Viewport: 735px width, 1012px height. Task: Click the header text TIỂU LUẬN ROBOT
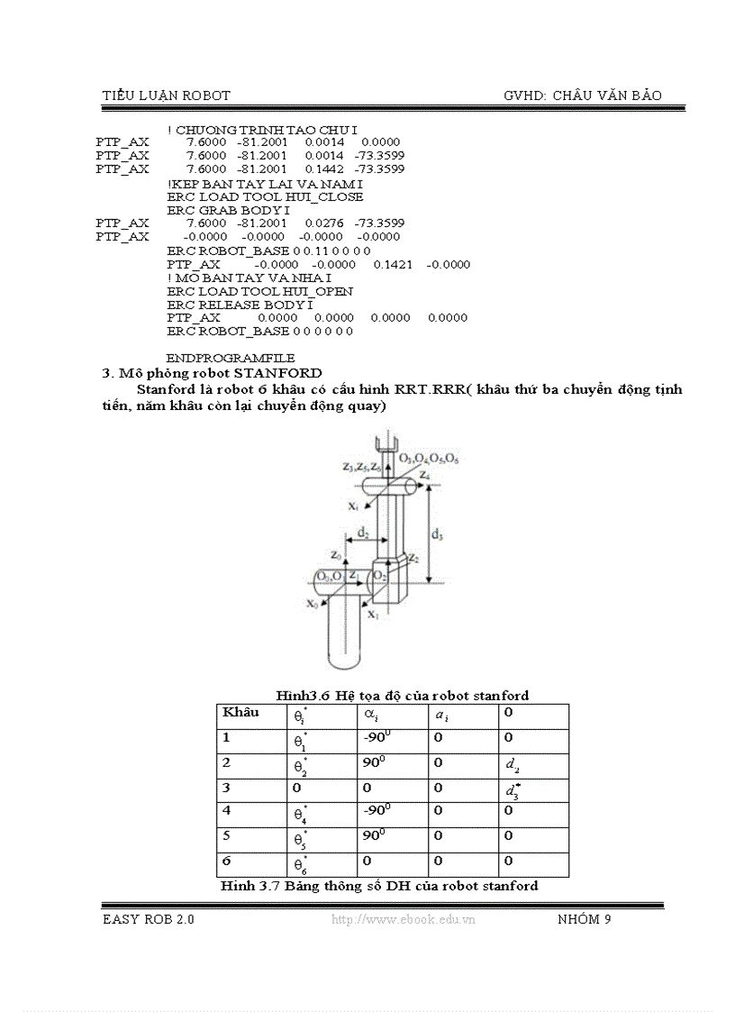[x=167, y=95]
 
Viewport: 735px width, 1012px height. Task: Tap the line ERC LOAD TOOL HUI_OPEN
[x=259, y=291]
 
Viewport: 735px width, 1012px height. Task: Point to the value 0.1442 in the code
[x=323, y=169]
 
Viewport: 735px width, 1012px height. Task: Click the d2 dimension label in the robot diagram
[x=362, y=533]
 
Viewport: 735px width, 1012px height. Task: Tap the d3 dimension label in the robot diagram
[x=438, y=534]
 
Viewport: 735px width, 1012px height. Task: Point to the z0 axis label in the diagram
[x=335, y=553]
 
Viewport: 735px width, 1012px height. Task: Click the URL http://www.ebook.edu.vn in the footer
[x=404, y=919]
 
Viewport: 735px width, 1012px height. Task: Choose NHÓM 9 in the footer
[x=585, y=919]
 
